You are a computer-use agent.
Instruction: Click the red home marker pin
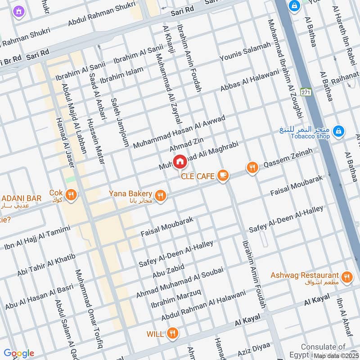[180, 161]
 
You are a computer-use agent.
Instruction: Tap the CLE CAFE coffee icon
[222, 176]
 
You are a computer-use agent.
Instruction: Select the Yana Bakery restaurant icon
[160, 196]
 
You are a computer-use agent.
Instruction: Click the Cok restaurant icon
[71, 195]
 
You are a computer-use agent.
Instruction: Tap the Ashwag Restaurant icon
[346, 277]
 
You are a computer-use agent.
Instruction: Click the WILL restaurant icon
[172, 333]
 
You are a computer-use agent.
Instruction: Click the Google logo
[19, 353]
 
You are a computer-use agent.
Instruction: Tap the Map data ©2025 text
[336, 355]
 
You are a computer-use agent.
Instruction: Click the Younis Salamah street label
[245, 51]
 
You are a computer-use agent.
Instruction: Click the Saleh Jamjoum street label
[120, 122]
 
